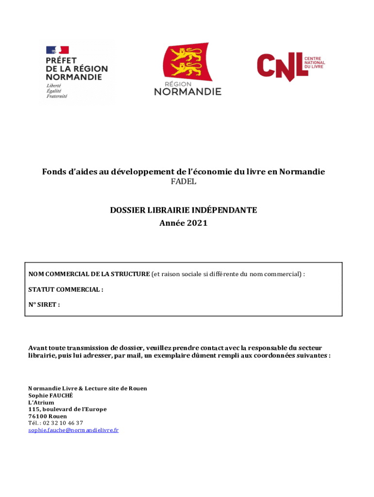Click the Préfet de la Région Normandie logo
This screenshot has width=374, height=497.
[76, 71]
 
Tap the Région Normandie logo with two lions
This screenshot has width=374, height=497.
[187, 69]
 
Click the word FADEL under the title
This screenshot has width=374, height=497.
[183, 182]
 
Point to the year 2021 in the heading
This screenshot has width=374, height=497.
[197, 223]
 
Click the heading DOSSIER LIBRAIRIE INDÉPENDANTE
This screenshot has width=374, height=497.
[183, 210]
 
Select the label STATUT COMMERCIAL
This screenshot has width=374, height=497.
[66, 290]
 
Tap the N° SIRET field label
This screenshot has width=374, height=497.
[44, 305]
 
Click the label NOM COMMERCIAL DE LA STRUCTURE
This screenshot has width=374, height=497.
[89, 274]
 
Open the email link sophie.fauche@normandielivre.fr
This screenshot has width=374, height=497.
[73, 430]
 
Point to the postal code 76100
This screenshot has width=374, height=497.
[37, 416]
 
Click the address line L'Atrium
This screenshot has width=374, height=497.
[41, 402]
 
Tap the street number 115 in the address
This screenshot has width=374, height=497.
[34, 409]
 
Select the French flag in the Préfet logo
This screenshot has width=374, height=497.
[57, 50]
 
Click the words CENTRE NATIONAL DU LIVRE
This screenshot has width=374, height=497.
[314, 63]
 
